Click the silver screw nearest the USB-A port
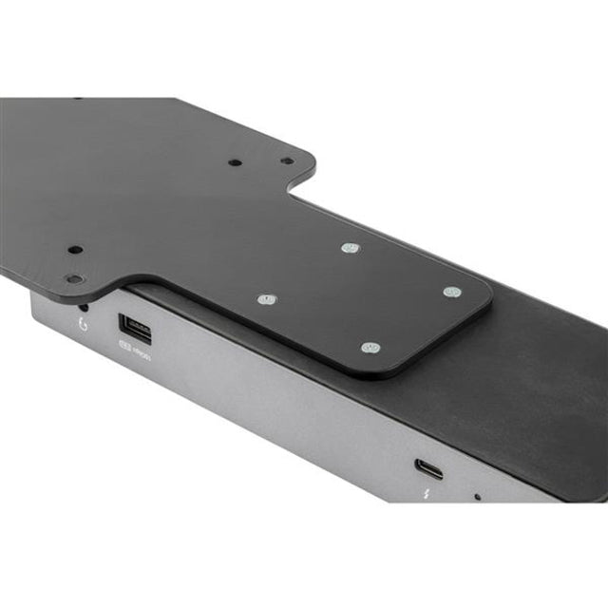point(267,300)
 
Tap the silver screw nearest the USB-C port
point(371,348)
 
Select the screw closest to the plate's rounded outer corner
point(451,292)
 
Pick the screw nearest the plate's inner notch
point(349,248)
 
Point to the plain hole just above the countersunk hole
point(75,251)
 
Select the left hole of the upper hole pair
point(234,162)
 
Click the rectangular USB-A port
point(135,329)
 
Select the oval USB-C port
point(427,467)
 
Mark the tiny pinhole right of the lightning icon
point(477,496)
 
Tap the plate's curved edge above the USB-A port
point(133,282)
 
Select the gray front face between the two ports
point(285,399)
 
